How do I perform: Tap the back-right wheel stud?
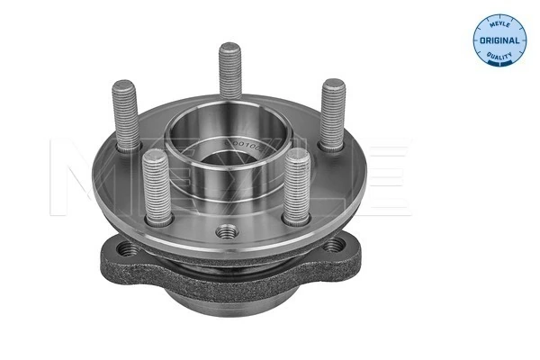(x=333, y=113)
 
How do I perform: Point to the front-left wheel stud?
(x=156, y=185)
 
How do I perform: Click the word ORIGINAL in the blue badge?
(x=498, y=41)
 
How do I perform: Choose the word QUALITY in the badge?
(x=499, y=56)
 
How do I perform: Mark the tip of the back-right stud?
(x=335, y=86)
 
